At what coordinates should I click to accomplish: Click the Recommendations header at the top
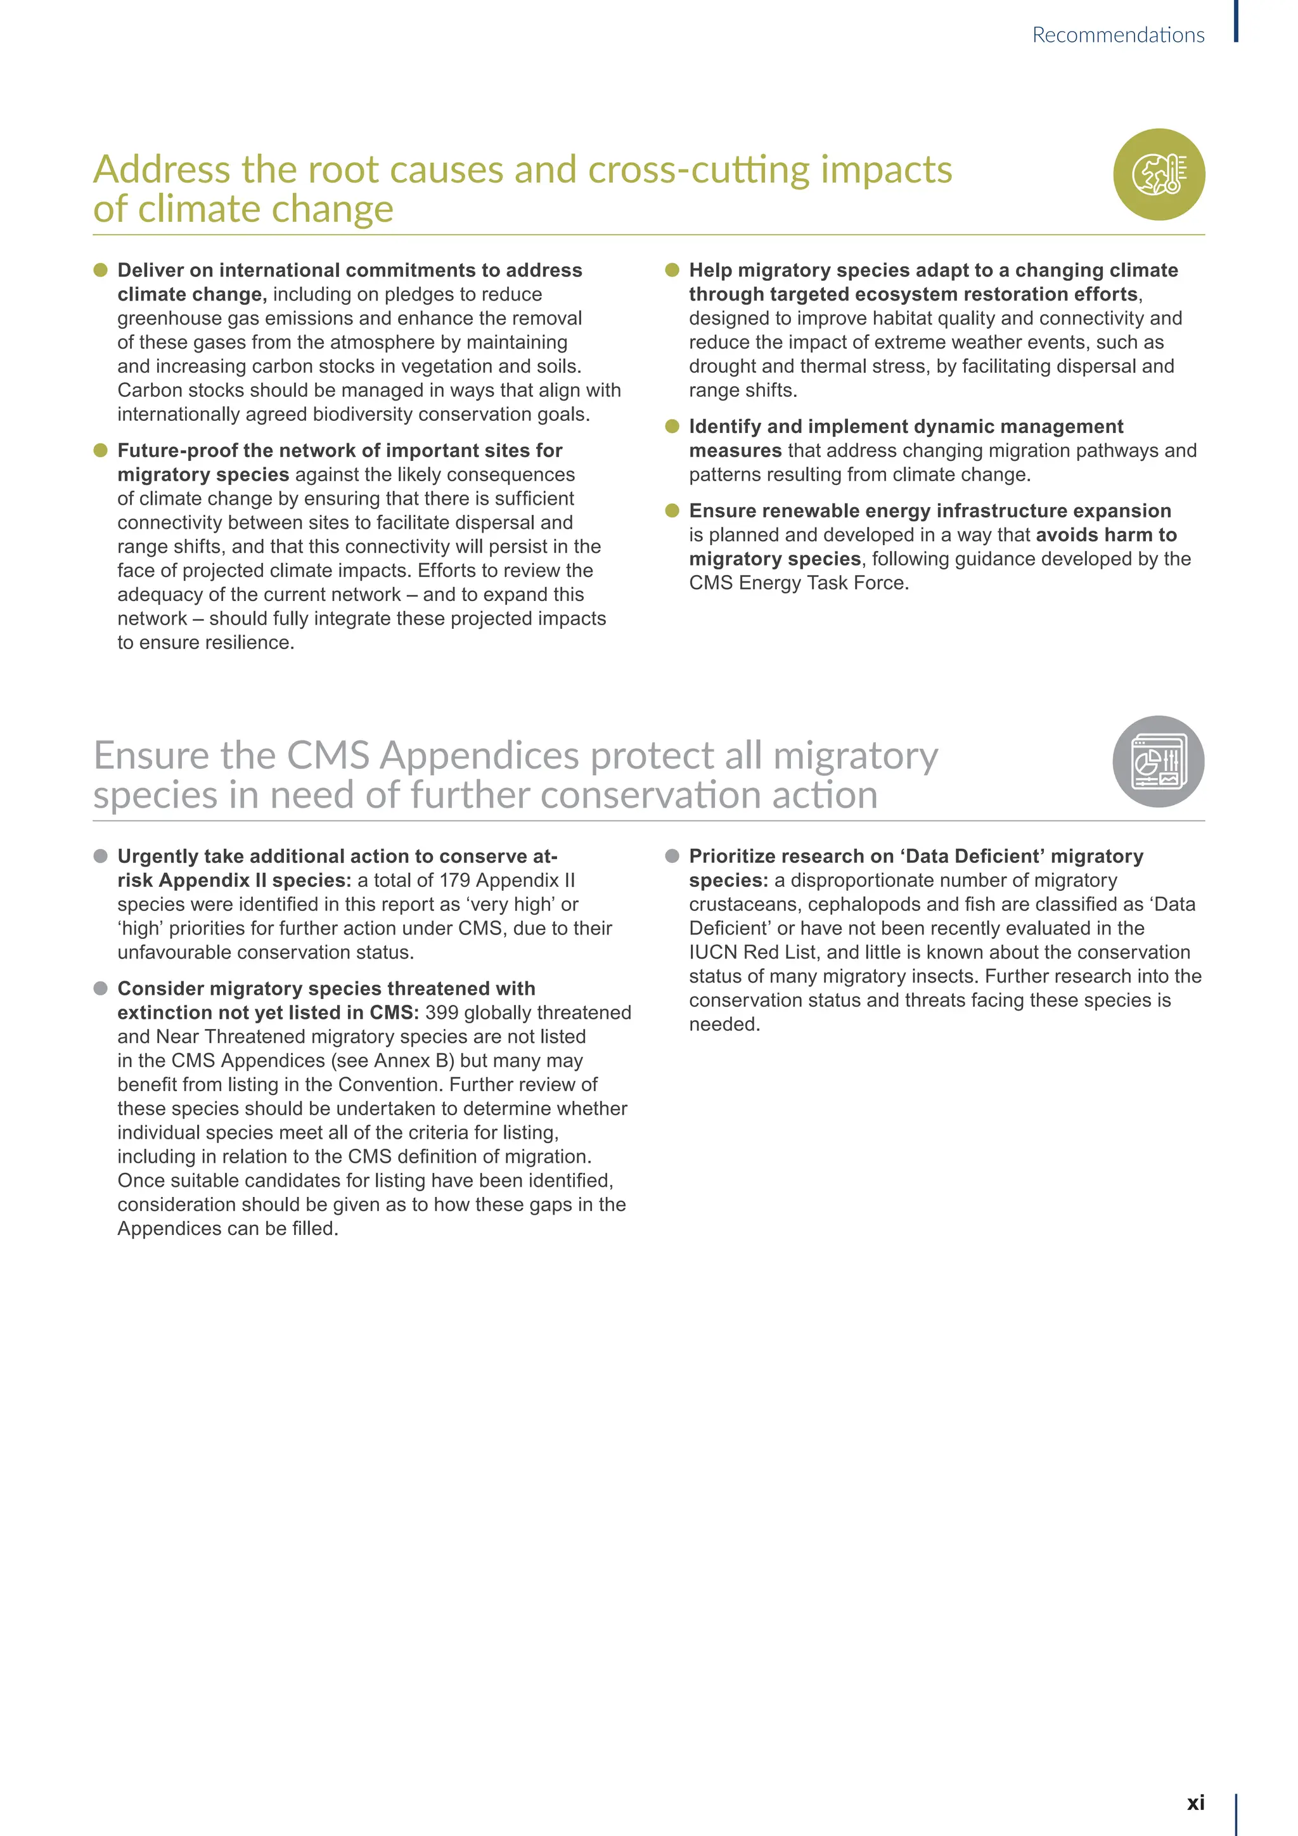tap(1117, 35)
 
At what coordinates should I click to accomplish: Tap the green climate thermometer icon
tap(1159, 174)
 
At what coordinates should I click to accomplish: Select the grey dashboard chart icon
tap(1159, 761)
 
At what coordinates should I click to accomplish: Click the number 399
tap(441, 1012)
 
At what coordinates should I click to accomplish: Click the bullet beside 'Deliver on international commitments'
tap(101, 270)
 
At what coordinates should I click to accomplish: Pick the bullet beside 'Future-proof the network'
tap(101, 450)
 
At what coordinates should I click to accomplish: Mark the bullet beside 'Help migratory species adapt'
tap(672, 270)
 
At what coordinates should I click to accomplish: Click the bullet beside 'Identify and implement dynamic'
tap(672, 426)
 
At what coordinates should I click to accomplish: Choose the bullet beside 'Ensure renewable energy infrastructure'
tap(672, 510)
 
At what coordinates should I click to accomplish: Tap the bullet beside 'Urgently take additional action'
tap(101, 857)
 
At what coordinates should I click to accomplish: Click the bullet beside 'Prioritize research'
tap(672, 857)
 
